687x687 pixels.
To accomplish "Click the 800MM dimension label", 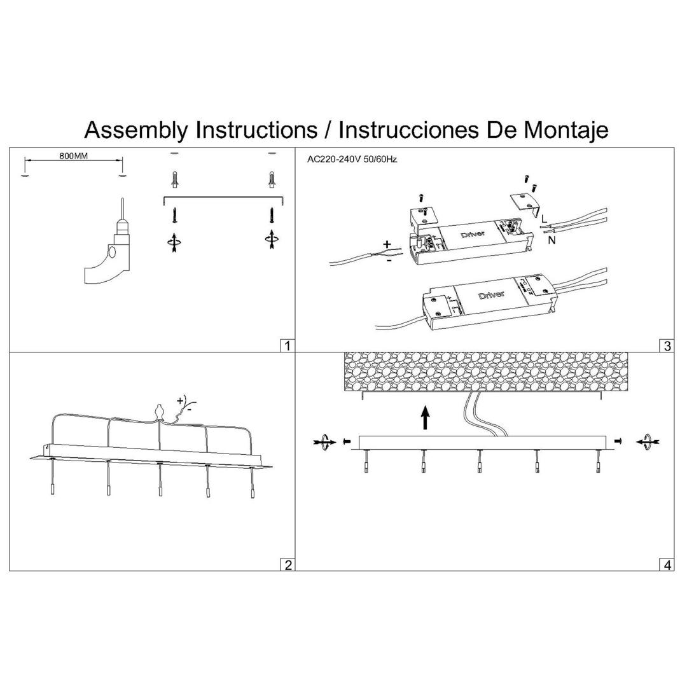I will coord(74,156).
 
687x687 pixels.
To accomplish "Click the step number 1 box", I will coord(288,345).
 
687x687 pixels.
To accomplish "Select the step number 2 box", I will coord(288,564).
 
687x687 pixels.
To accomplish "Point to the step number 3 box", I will coord(667,345).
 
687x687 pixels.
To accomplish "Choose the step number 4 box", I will coord(667,564).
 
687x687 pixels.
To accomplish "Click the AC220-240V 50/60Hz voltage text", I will coord(352,160).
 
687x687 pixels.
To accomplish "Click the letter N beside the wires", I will coord(551,240).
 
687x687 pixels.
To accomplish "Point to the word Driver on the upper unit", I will coord(472,235).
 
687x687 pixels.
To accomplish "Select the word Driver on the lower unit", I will coord(490,295).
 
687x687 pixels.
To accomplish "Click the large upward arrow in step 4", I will coord(425,419).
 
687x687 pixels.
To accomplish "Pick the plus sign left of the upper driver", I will coord(387,244).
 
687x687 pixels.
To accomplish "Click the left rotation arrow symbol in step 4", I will coord(324,441).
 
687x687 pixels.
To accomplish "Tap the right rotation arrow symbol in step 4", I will coord(648,441).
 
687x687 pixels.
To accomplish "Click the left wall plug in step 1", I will coord(175,179).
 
